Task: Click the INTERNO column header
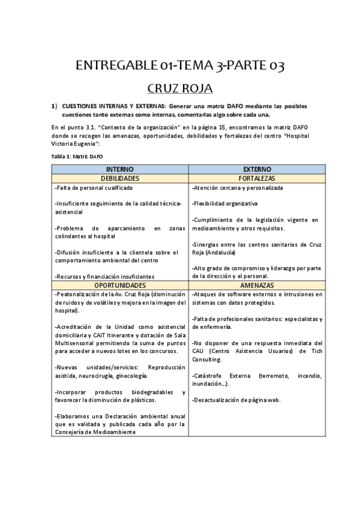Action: (120, 170)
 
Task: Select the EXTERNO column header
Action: (257, 170)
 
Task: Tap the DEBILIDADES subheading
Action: (120, 179)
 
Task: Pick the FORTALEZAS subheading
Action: (257, 179)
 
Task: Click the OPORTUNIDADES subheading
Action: (120, 285)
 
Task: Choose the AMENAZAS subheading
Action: (257, 285)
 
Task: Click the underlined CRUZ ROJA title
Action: (180, 89)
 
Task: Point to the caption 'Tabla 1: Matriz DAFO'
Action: (77, 156)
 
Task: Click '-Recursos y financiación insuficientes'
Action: (104, 276)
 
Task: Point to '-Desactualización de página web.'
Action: (236, 400)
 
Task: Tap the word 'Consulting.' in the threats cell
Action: (207, 360)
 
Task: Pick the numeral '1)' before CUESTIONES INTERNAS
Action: (54, 106)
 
